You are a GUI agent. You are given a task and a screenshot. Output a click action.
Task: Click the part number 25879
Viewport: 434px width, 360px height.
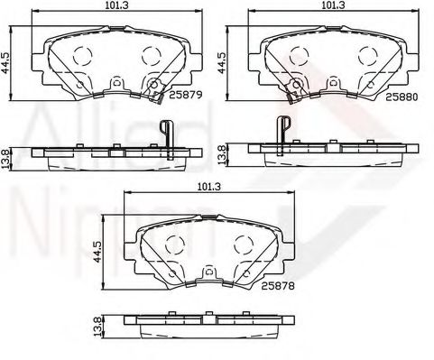point(184,93)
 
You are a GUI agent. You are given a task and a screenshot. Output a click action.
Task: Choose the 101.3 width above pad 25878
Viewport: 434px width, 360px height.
point(208,188)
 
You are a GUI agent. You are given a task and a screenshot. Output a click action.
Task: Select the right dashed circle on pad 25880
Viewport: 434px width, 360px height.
point(368,53)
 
